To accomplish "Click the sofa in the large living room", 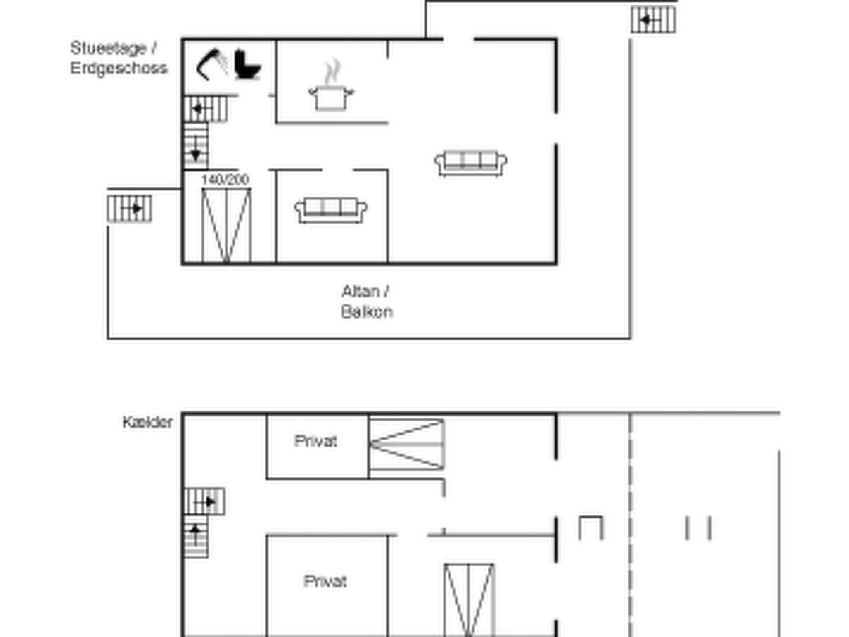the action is [x=471, y=163].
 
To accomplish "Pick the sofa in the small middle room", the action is [x=330, y=210].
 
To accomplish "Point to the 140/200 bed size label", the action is [x=225, y=180].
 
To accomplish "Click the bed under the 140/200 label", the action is [x=226, y=226].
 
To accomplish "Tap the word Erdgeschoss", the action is [x=119, y=68].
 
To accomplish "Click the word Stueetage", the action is [x=109, y=48].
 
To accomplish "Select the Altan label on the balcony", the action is [x=361, y=292].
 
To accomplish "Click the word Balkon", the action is [x=366, y=311].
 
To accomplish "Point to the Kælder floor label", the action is [x=148, y=422].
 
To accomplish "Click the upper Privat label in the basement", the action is [x=315, y=441].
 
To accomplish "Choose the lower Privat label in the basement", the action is [x=325, y=581].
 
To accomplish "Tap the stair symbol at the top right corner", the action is [x=653, y=19].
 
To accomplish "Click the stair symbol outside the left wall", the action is [x=129, y=208].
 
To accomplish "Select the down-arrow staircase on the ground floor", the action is [x=196, y=146].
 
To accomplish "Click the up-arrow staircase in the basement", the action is [x=196, y=536].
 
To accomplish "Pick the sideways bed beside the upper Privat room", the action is [x=407, y=444].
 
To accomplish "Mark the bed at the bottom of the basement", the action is [x=469, y=600].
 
